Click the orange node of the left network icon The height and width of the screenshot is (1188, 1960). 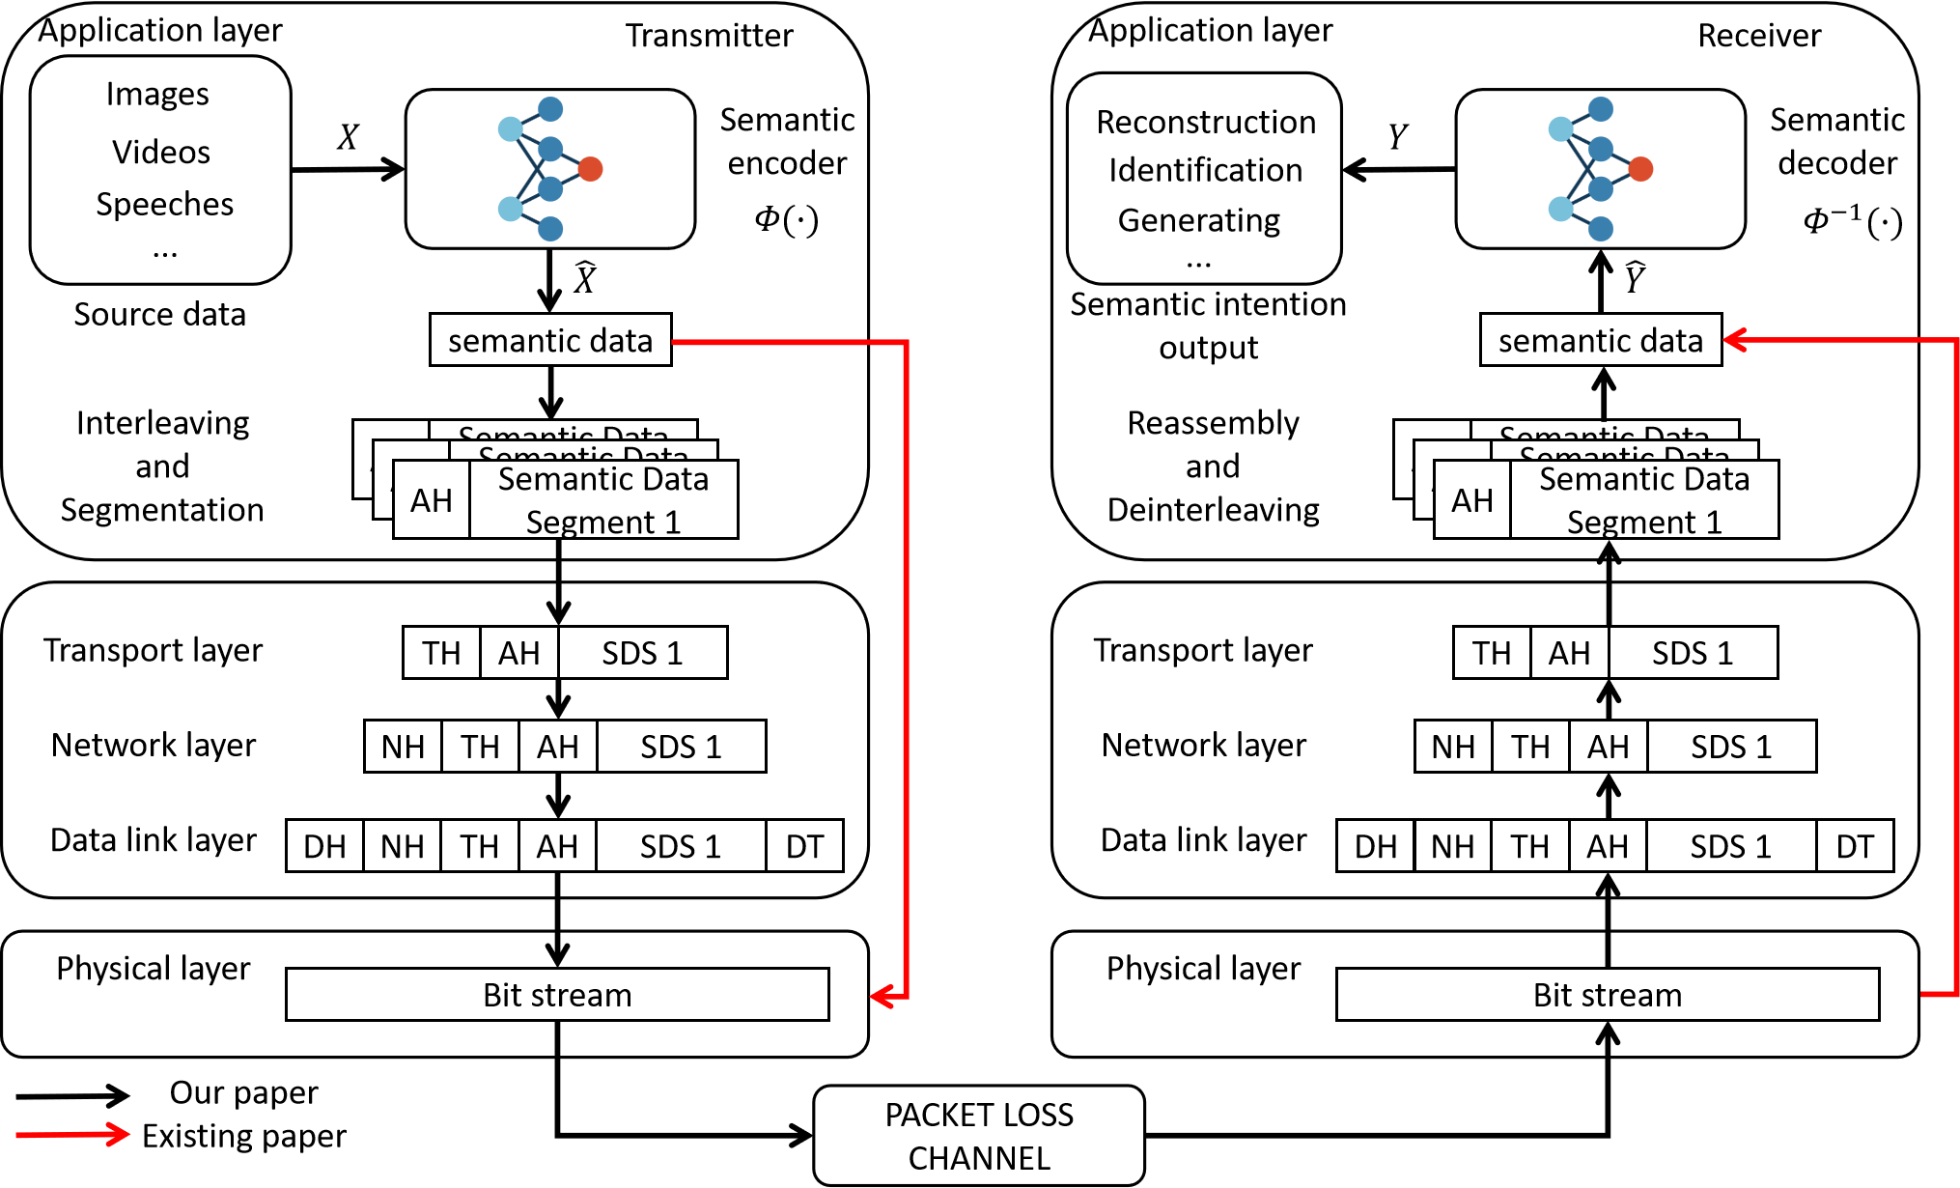(x=590, y=169)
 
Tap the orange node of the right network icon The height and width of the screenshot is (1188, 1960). (x=1640, y=169)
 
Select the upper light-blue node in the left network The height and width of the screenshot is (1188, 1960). (x=510, y=128)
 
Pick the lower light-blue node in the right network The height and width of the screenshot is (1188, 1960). (x=1560, y=209)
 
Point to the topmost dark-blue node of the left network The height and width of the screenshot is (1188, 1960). (x=550, y=109)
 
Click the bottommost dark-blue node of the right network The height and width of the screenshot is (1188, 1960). (x=1601, y=229)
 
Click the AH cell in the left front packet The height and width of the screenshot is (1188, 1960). (x=432, y=500)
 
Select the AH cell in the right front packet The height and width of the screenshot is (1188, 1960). (x=1472, y=500)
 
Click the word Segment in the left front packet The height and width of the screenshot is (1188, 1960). (x=590, y=523)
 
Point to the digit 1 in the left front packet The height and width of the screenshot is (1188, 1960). (x=673, y=523)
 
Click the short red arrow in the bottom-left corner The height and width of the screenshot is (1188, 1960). (x=73, y=1134)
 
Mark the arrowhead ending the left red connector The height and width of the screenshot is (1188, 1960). (x=880, y=996)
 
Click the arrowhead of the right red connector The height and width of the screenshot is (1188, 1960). (x=1734, y=340)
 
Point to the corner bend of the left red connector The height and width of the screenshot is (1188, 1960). (x=906, y=342)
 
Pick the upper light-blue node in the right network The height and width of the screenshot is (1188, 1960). (x=1560, y=128)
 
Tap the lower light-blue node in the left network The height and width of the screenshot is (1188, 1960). (x=510, y=209)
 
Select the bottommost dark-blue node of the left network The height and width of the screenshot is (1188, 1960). (x=550, y=229)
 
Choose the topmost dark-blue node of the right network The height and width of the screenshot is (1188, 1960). (x=1601, y=109)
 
